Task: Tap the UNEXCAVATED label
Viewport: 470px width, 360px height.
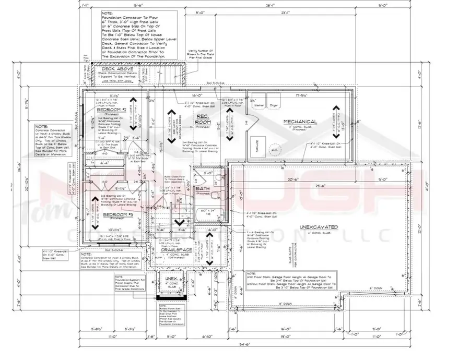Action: pos(319,227)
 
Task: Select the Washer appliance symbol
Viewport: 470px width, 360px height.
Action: pos(258,104)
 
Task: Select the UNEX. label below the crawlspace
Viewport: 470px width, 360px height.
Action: pos(171,280)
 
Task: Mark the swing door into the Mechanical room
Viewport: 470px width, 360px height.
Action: pos(250,123)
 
